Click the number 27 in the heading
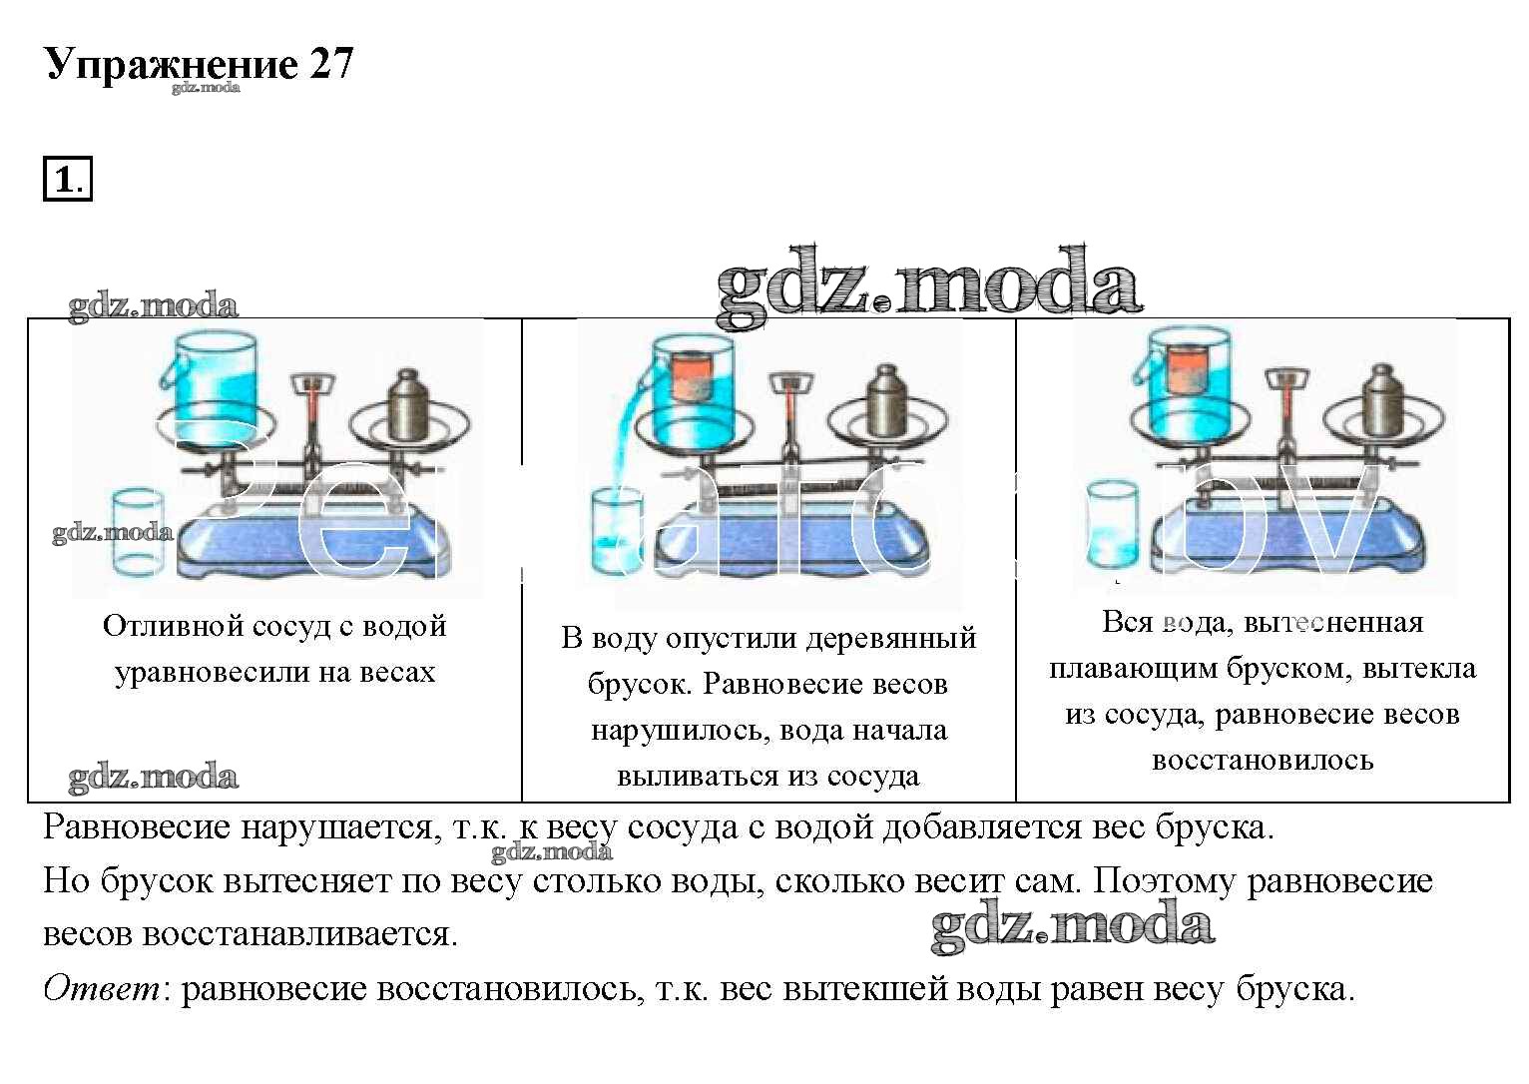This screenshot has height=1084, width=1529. (x=331, y=64)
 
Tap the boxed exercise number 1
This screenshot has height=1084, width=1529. (x=67, y=181)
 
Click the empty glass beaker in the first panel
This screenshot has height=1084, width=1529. (x=140, y=533)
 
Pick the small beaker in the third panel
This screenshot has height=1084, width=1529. (x=1113, y=524)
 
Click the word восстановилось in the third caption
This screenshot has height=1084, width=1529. (x=1263, y=761)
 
